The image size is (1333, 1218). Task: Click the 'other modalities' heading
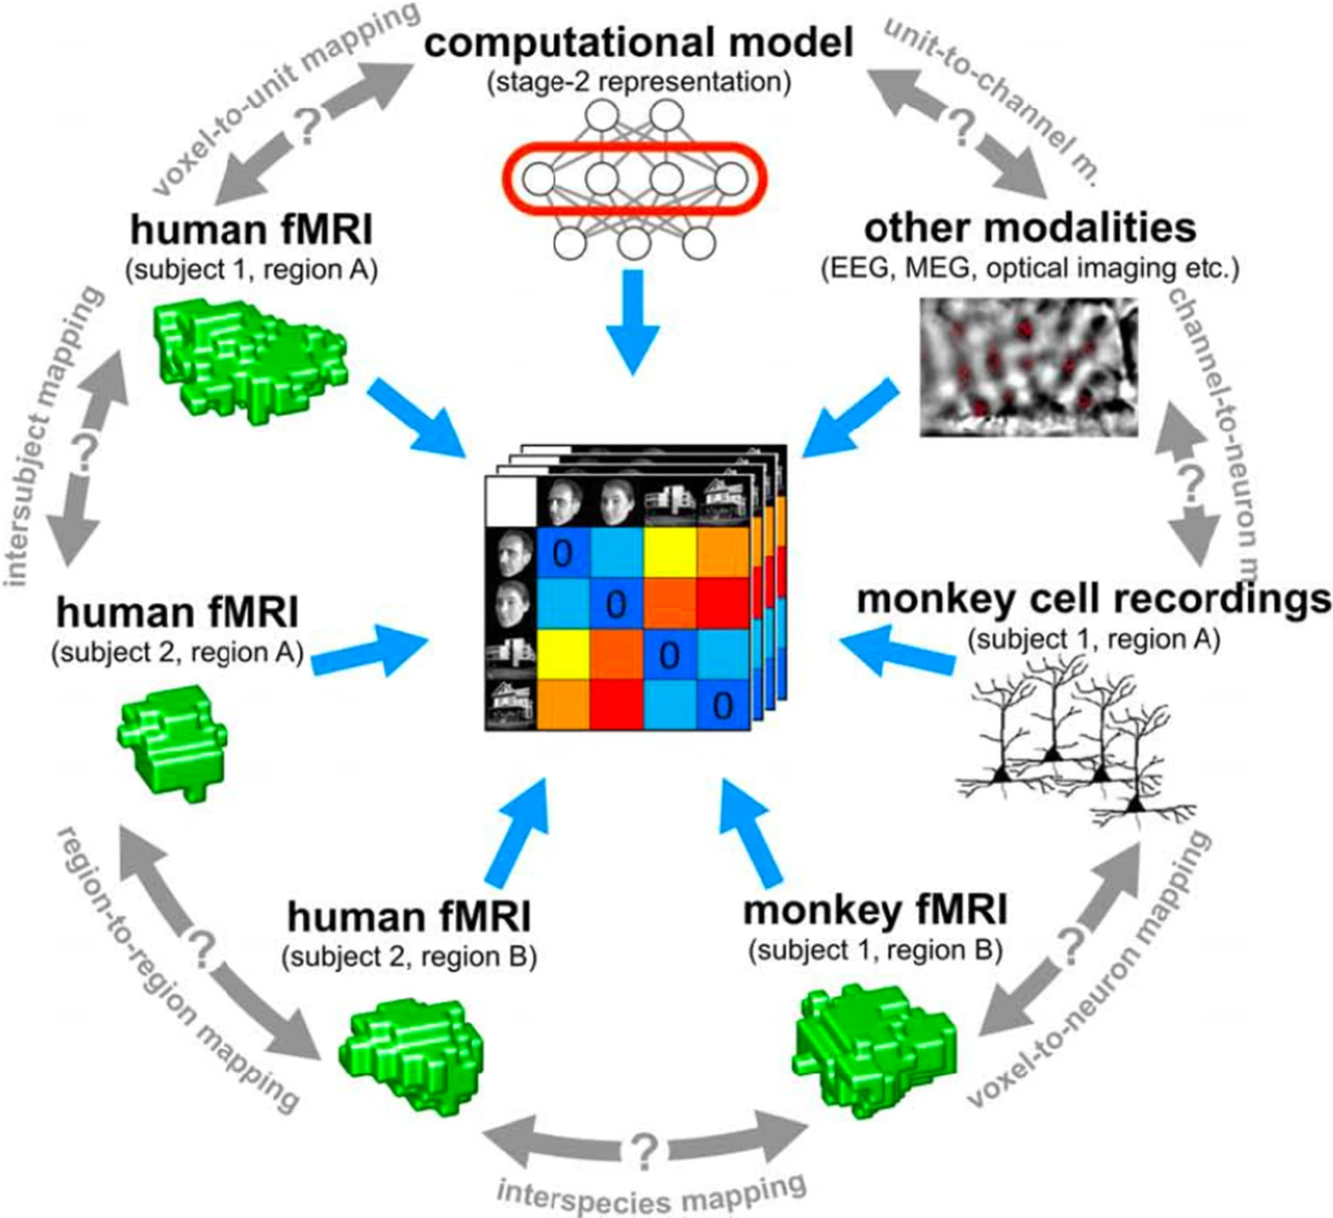(x=1029, y=229)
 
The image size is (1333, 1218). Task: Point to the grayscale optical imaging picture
(x=1028, y=367)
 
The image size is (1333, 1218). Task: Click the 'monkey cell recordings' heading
(x=1094, y=598)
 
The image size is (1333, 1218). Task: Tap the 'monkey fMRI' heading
(x=875, y=910)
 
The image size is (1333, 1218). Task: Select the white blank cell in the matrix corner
(x=509, y=503)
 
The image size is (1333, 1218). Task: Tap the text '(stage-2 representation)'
(x=638, y=82)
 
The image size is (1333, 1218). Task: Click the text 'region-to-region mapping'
(x=179, y=970)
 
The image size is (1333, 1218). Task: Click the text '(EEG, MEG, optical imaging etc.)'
(x=1029, y=267)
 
